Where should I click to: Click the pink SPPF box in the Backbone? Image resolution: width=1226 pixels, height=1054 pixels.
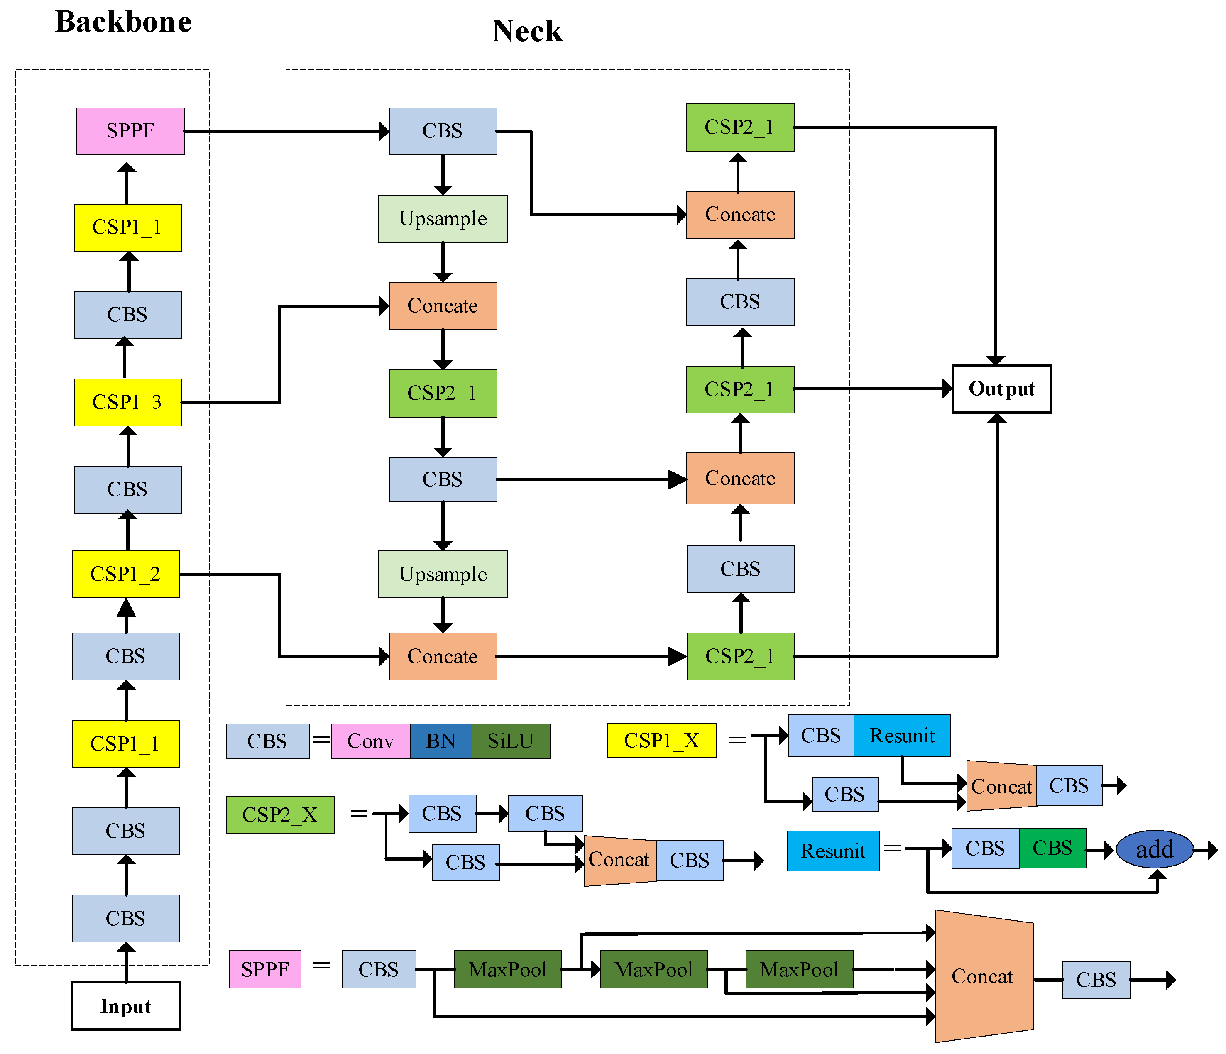130,131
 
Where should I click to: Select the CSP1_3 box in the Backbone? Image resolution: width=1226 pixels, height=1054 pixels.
128,402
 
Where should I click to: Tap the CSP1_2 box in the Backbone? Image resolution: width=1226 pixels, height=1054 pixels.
126,574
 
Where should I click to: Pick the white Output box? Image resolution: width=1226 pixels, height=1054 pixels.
1001,389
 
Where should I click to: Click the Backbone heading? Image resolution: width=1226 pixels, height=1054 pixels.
123,22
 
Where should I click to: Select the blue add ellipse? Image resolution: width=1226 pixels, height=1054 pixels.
1155,849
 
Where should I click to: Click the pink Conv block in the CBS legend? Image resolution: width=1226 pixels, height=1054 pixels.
370,741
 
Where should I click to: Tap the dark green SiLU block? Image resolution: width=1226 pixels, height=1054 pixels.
511,741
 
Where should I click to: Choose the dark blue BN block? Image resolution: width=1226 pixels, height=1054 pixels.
441,741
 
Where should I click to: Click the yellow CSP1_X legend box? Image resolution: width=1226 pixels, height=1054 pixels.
661,740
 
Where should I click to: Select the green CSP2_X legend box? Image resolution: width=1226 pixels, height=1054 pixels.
280,814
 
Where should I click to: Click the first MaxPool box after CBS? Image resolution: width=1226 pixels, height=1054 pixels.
508,969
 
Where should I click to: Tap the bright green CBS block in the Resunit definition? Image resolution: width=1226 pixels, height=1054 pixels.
1052,848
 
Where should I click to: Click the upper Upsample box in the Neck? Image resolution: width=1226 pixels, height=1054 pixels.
443,218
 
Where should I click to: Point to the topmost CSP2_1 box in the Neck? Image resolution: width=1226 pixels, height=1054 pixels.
739,127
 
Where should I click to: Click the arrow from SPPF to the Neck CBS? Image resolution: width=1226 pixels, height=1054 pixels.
284,131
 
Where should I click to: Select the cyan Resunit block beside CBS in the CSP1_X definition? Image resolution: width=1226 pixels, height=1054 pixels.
902,735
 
